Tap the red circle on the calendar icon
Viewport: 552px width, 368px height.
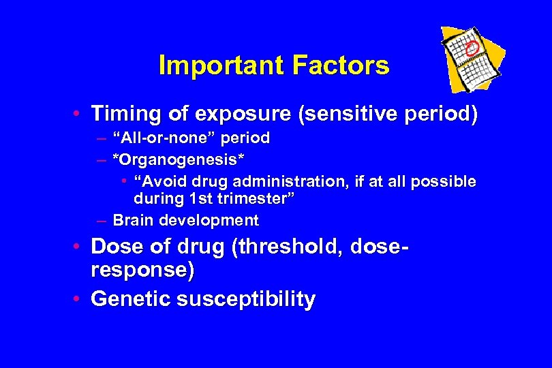pos(471,48)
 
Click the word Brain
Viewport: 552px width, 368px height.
pos(133,221)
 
